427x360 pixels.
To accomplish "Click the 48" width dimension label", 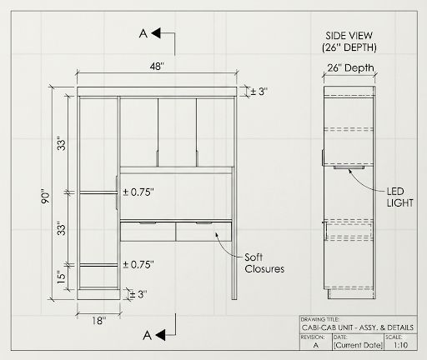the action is point(157,67).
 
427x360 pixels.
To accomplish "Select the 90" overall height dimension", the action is point(45,197).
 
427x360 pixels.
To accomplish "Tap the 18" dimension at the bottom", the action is point(99,321).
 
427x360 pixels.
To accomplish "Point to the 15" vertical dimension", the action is point(61,277).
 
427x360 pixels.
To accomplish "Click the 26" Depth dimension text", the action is point(350,67).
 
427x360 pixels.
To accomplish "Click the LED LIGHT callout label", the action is point(399,197).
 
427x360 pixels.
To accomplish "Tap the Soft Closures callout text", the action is point(264,263).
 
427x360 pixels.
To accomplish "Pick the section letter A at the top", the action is point(143,33).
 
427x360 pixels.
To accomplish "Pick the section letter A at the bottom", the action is point(147,335).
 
